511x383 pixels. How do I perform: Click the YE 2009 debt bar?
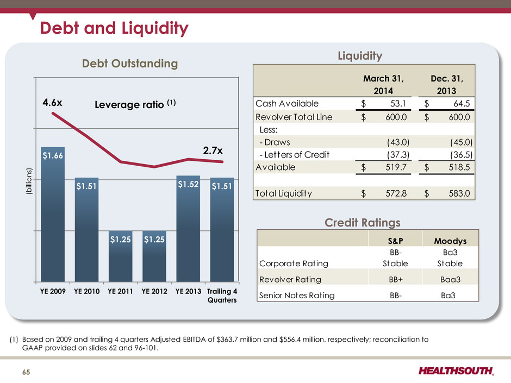[53, 214]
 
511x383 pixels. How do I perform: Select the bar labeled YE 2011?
[121, 256]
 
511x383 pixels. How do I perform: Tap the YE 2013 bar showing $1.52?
[189, 229]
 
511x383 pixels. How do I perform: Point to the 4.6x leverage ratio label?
[52, 103]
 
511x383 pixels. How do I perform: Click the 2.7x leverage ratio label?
[213, 150]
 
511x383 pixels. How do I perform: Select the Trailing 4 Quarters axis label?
[222, 296]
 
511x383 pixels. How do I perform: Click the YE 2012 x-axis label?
[154, 291]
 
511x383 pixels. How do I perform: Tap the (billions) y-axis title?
[29, 181]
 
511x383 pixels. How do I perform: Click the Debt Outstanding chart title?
[130, 64]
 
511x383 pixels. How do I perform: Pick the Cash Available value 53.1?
[398, 104]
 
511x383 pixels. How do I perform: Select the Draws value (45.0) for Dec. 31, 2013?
[461, 142]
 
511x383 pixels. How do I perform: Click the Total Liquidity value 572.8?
[396, 193]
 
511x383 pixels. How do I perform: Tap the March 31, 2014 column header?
[383, 85]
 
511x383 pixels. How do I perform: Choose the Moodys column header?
[450, 241]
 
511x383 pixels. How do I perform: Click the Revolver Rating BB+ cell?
[396, 279]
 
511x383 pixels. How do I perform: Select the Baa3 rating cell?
[450, 279]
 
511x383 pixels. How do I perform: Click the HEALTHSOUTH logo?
[456, 371]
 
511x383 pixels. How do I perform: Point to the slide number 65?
[26, 372]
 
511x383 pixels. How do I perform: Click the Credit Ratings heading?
[363, 223]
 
